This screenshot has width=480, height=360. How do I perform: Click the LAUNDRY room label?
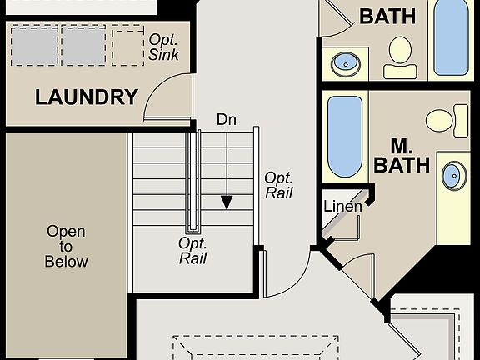point(87,97)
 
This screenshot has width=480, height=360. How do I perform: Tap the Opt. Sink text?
point(163,47)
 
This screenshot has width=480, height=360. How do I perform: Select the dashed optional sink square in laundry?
point(128,47)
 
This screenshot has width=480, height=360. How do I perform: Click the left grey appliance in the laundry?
point(35,46)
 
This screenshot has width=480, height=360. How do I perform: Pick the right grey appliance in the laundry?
point(83,46)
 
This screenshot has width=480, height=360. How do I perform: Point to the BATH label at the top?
point(387,16)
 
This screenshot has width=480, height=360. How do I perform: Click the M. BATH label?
point(402,155)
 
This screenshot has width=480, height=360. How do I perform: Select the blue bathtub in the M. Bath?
point(345,137)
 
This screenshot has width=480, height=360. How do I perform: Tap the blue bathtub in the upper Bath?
point(451,37)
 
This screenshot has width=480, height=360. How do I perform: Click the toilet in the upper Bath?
point(401,56)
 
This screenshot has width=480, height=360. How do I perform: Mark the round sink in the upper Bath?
point(346,62)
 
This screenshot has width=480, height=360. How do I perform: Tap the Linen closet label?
point(342,207)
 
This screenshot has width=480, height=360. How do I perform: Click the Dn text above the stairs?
point(226,120)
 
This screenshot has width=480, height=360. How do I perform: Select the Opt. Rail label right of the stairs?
point(278,185)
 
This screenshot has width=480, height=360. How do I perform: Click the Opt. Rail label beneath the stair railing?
point(192,250)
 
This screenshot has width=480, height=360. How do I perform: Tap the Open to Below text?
point(67,247)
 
